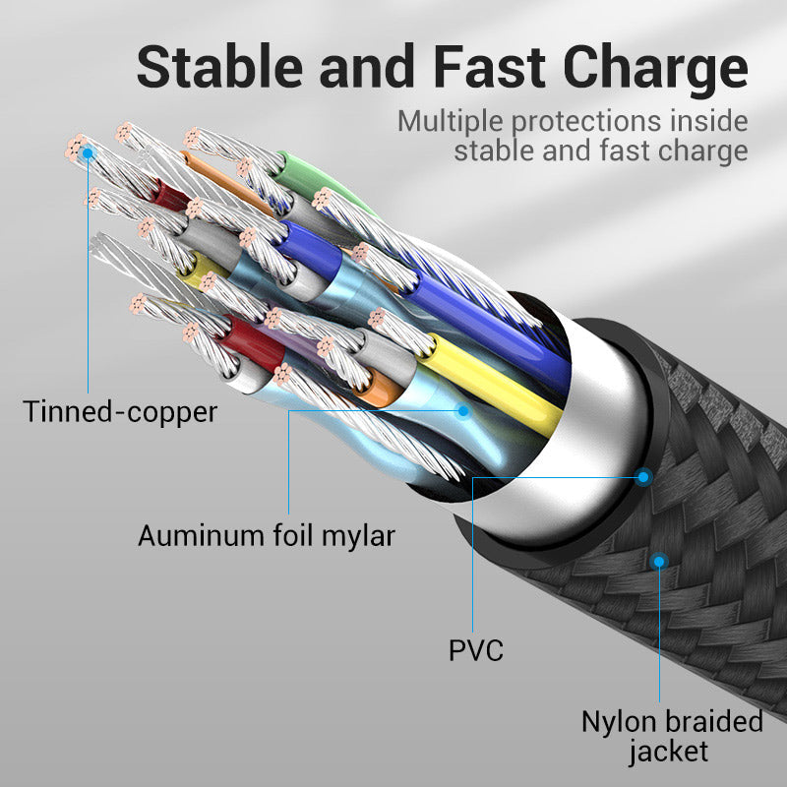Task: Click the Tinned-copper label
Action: (119, 412)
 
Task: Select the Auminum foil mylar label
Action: (266, 536)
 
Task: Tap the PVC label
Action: (475, 650)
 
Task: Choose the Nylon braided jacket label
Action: (672, 737)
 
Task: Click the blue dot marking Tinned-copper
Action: (89, 152)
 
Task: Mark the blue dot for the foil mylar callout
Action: (463, 410)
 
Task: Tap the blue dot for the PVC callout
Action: (644, 477)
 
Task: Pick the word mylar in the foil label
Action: (359, 537)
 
